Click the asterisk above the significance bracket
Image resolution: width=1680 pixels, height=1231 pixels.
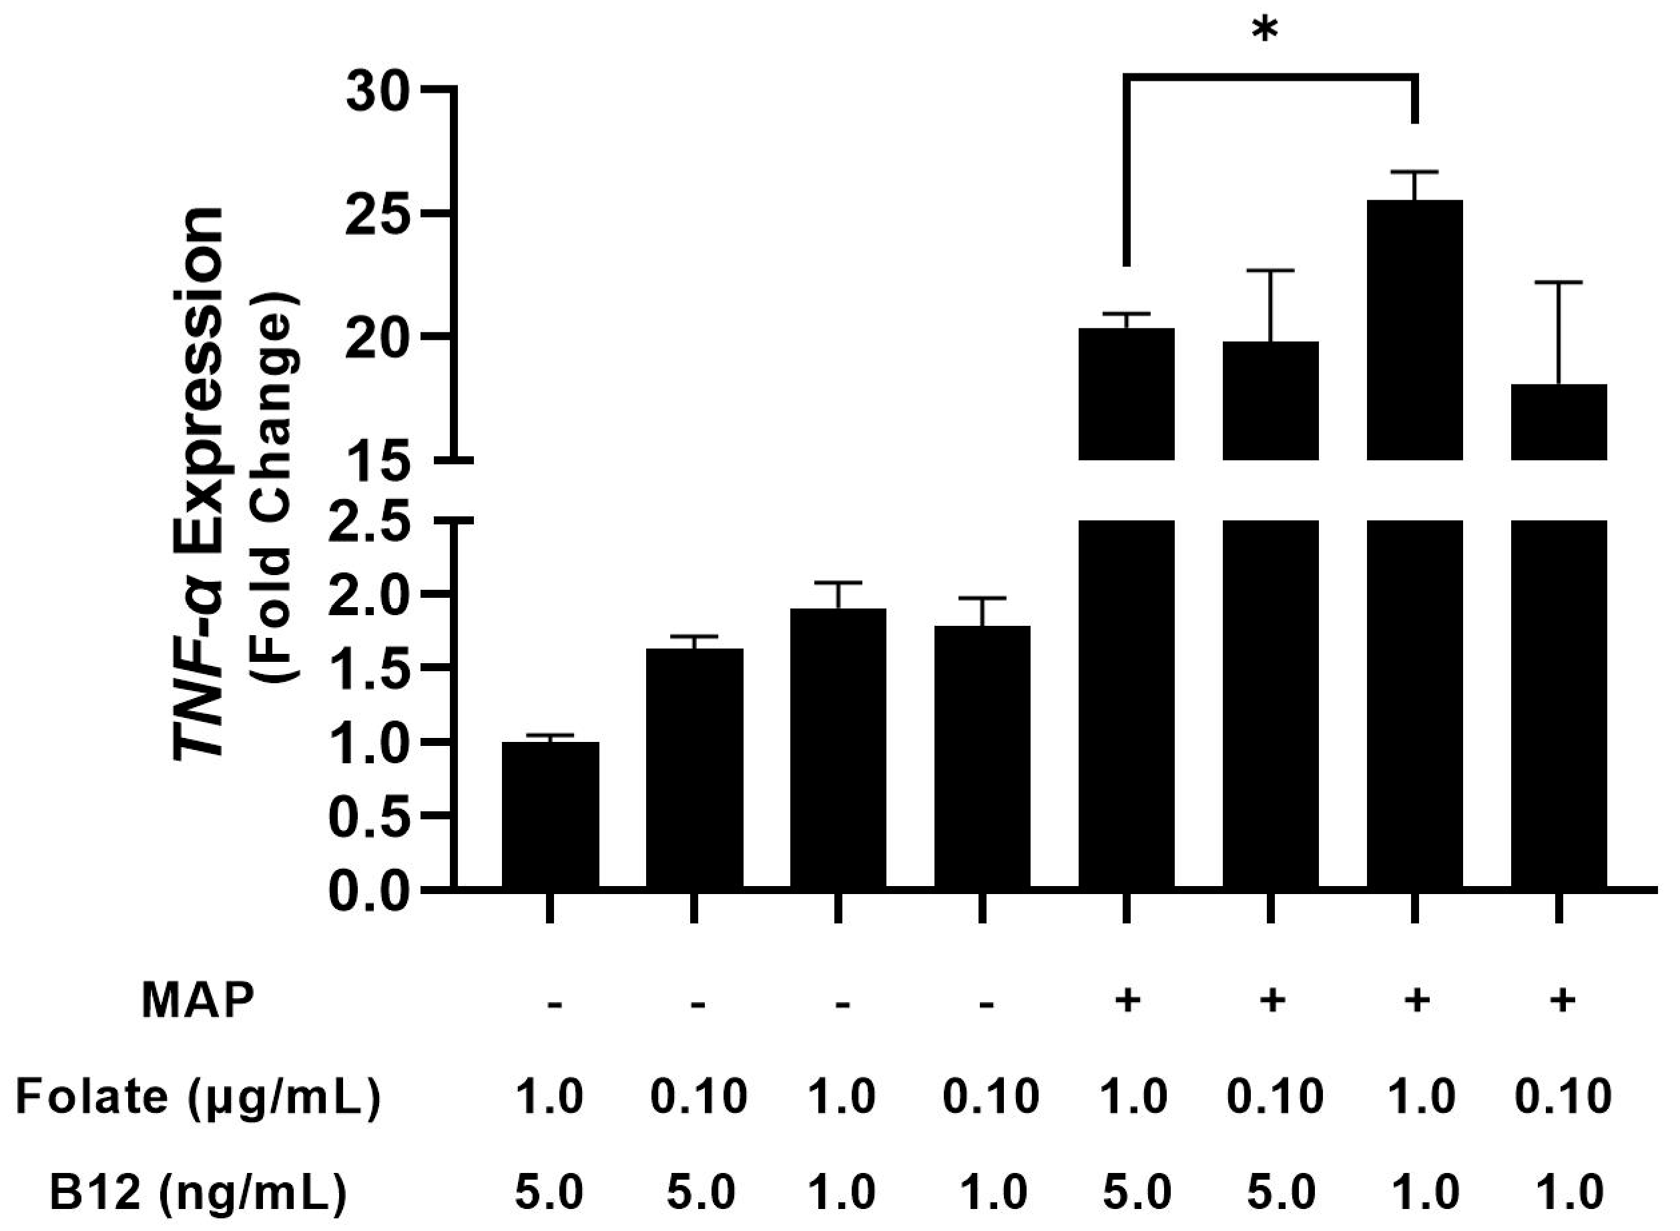point(1265,31)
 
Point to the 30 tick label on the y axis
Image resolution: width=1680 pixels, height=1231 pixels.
point(378,96)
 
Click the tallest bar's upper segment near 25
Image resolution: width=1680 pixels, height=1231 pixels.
point(1414,328)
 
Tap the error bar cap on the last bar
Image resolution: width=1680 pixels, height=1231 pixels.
point(1558,283)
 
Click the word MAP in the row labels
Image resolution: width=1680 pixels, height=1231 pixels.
point(198,1000)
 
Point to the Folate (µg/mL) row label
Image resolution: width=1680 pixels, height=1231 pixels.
point(198,1098)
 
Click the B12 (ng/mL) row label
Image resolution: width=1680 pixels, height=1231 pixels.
point(198,1192)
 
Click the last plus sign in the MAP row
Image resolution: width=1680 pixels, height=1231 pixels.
point(1561,1000)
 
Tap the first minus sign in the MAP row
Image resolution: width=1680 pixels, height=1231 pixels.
point(554,1003)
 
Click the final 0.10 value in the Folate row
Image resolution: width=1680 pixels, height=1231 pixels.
point(1563,1098)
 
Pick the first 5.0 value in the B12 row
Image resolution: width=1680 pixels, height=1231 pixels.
point(549,1192)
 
